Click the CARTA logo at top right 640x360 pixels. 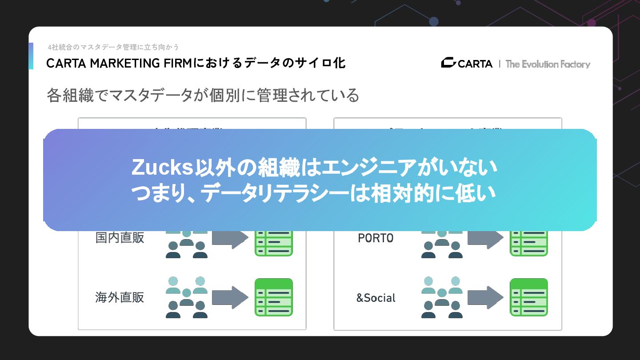[467, 64]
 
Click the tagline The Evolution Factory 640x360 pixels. [548, 64]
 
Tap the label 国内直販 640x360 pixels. [120, 237]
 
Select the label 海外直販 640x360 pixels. [120, 297]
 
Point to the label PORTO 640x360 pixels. [376, 238]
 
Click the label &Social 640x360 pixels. [376, 298]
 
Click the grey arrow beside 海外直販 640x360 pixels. [229, 297]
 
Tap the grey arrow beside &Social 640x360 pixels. [485, 297]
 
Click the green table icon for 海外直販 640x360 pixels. [274, 297]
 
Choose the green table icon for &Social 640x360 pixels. [528, 297]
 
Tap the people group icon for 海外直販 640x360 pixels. [187, 297]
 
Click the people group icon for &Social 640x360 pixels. [442, 297]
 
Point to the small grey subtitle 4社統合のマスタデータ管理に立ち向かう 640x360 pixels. [113, 47]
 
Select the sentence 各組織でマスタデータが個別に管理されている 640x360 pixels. [203, 95]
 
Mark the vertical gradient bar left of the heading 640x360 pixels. [31, 56]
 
